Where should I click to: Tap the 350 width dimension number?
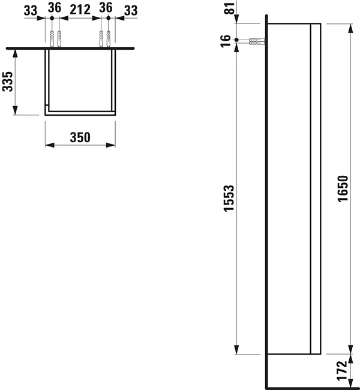point(80,137)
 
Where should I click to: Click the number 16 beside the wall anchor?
point(226,41)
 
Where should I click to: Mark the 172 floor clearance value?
point(342,370)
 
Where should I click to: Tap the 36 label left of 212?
point(54,8)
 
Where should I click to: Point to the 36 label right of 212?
point(106,8)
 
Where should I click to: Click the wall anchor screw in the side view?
point(256,41)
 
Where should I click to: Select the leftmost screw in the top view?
point(52,37)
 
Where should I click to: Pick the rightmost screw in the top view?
point(108,37)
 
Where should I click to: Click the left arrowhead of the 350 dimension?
point(49,145)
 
